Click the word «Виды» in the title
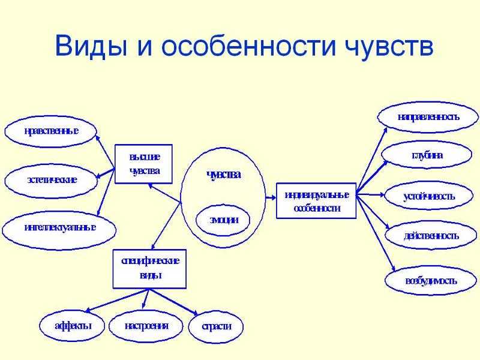[91, 46]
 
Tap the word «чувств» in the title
[388, 47]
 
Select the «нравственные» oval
[51, 131]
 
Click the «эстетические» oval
[51, 181]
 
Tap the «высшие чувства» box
[143, 164]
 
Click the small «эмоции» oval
[223, 220]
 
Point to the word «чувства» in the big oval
[224, 175]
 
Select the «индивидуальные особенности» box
[316, 201]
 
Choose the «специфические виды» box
[149, 269]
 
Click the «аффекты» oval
[72, 325]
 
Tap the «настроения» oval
[146, 325]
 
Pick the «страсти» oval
[216, 326]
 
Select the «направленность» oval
[428, 117]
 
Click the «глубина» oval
[427, 155]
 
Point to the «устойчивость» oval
[429, 196]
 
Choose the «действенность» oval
[431, 236]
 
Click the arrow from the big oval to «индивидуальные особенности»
[271, 198]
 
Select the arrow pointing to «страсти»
[174, 302]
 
